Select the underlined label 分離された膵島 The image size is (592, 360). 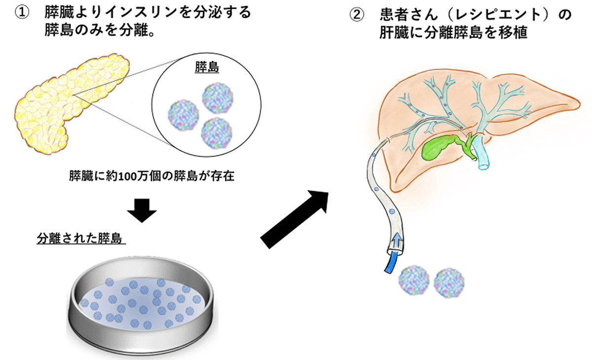point(81,239)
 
